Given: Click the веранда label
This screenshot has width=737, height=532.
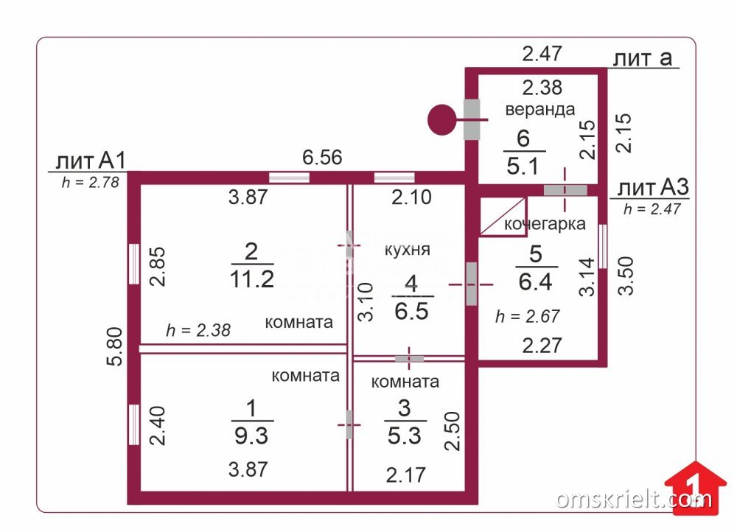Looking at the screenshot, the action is tap(540, 110).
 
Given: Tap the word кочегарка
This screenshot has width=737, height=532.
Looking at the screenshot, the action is tap(545, 224).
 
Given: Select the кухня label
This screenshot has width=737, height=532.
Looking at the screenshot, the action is tap(407, 249).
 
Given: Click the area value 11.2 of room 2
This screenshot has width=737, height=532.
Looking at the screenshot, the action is tap(252, 279).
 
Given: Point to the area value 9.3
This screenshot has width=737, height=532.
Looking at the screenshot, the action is tap(251, 435).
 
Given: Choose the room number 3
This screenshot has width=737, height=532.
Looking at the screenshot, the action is tap(404, 408).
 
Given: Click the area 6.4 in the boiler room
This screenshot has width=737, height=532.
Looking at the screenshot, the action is tap(535, 281).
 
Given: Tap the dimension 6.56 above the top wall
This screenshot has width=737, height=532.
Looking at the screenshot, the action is tap(322, 157).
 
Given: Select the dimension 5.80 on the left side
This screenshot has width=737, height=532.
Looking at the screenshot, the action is tap(115, 346).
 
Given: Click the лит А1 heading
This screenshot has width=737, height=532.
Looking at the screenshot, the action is tap(91, 161).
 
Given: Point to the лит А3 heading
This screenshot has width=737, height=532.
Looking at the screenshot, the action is tap(653, 187).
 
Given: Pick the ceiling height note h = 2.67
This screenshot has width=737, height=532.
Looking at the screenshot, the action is tap(528, 316).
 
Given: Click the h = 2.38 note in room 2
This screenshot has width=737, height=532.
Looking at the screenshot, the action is tap(198, 330).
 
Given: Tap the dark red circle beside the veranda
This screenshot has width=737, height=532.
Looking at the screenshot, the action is tap(441, 120).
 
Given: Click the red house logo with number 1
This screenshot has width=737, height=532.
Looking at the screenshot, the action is tap(695, 488).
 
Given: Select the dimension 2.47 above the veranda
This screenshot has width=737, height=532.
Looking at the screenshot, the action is tap(542, 54).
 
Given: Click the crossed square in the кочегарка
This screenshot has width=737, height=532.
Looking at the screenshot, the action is tap(503, 217).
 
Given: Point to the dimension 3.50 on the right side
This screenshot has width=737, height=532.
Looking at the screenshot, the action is tap(626, 276).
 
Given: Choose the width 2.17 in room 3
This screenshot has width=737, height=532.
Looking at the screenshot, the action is tap(405, 475).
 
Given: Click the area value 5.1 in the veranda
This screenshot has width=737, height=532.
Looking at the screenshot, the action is tap(523, 166).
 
